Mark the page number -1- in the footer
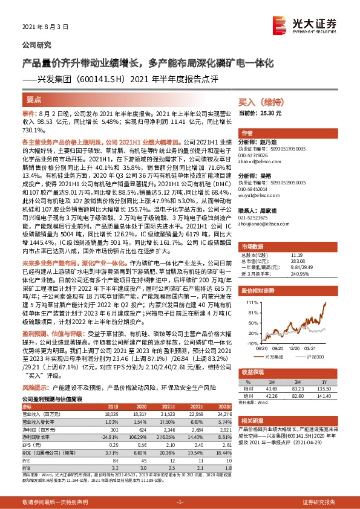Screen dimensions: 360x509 pos(180,502)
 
